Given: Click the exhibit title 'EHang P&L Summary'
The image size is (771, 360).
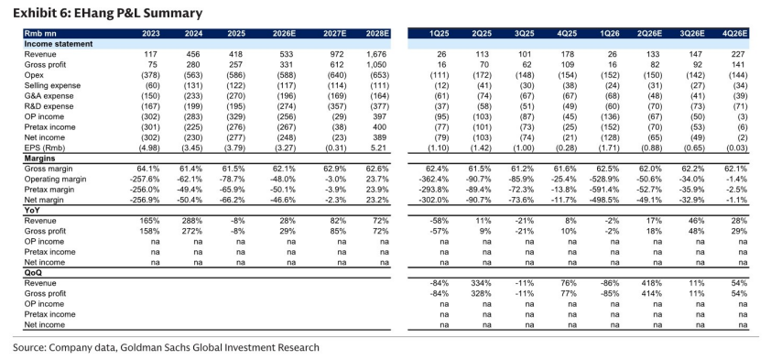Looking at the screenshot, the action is [138, 13].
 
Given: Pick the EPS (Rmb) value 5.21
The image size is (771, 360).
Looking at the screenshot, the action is [381, 148].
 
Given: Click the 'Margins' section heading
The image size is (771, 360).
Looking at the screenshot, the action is [39, 158].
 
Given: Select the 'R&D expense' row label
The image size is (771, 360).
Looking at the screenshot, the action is [49, 107].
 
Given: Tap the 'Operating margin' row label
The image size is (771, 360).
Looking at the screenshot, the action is [55, 179].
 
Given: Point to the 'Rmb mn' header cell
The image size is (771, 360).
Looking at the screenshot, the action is [38, 34].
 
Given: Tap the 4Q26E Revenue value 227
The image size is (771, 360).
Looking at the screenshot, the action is [741, 55].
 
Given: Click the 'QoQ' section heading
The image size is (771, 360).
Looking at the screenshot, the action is [34, 273].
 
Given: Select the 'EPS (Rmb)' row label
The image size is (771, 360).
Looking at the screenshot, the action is [45, 148].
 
